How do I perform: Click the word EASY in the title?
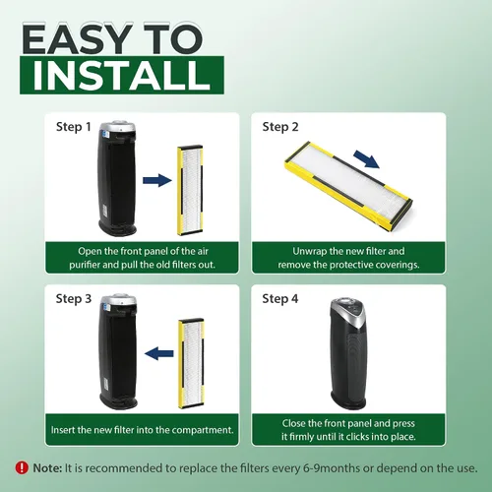77,38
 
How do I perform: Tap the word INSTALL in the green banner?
122,75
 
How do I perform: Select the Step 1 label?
73,127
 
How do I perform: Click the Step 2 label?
280,127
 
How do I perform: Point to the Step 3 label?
74,299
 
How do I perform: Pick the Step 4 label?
280,299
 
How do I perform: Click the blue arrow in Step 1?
157,180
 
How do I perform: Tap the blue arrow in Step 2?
367,159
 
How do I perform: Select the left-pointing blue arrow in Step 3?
158,353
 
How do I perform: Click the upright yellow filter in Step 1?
190,190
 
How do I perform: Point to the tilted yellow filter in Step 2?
348,184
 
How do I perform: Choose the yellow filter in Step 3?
191,363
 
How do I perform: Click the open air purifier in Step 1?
117,179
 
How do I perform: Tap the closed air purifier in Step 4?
348,353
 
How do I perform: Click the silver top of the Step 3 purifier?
118,301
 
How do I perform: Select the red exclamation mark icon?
22,467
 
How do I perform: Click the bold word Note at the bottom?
47,468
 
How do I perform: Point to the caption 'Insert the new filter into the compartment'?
143,430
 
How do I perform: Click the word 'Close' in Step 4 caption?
294,423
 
